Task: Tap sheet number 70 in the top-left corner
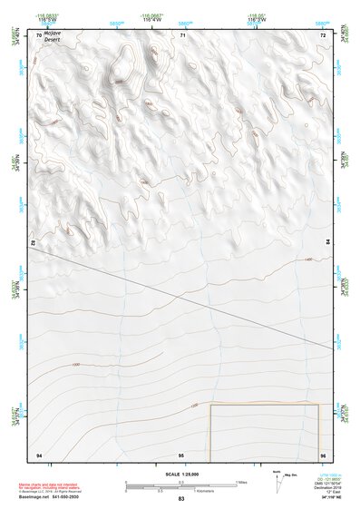(x=38, y=35)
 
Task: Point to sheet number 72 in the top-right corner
(x=323, y=35)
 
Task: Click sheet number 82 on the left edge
(x=34, y=243)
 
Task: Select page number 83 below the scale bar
(x=181, y=499)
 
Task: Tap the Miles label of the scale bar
(x=240, y=482)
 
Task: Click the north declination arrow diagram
(x=277, y=478)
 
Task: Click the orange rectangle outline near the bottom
(x=264, y=405)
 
